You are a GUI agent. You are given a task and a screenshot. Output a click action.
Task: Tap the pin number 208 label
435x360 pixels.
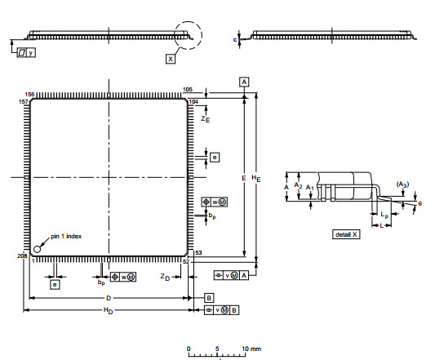[22, 256]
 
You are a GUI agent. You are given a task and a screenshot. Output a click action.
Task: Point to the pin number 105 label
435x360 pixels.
[187, 89]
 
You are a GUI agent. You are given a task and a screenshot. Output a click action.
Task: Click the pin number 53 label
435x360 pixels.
[198, 253]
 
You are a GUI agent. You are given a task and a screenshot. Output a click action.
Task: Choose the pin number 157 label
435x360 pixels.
[23, 102]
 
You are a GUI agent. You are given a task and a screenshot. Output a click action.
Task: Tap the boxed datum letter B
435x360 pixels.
[209, 297]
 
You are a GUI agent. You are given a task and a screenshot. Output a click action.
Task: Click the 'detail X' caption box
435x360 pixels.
[344, 234]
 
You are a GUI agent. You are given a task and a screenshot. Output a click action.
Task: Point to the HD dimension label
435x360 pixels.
[109, 311]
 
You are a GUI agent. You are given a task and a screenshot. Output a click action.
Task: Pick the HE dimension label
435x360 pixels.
[257, 177]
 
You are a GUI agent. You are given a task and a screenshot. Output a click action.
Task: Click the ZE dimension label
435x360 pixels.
[206, 118]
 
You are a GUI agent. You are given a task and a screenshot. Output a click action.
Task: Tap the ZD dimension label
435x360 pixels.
[165, 278]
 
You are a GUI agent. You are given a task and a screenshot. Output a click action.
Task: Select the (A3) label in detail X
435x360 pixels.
[402, 184]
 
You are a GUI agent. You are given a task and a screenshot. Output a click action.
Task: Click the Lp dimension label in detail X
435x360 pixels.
[384, 214]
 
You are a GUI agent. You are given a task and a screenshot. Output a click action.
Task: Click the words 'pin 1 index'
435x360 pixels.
[66, 236]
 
